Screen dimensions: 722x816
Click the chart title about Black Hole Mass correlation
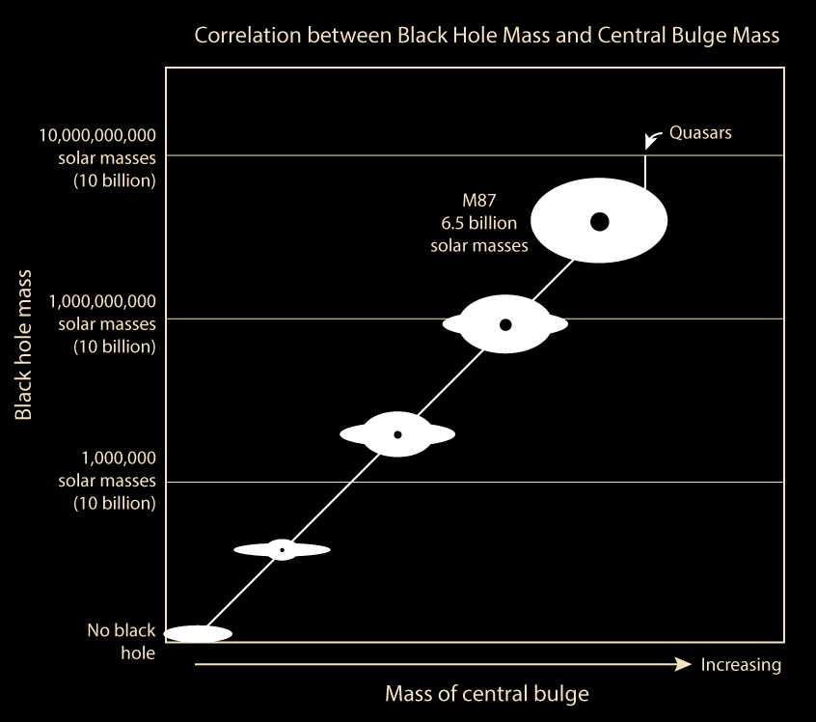pos(486,36)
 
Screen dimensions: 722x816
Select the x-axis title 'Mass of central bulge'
pos(486,693)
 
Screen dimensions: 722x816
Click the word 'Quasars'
pos(700,132)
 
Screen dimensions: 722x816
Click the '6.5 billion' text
pos(479,224)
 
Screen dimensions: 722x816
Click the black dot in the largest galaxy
pos(599,222)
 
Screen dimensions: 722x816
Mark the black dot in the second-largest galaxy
pos(505,324)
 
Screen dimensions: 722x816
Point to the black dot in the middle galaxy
pos(397,434)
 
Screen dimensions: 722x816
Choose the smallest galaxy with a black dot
pos(282,549)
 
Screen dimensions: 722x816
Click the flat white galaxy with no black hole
pos(199,634)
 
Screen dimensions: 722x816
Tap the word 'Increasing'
pos(741,665)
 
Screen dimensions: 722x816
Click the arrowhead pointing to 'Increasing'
pos(684,664)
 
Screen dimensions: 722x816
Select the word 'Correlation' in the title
pos(241,36)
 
